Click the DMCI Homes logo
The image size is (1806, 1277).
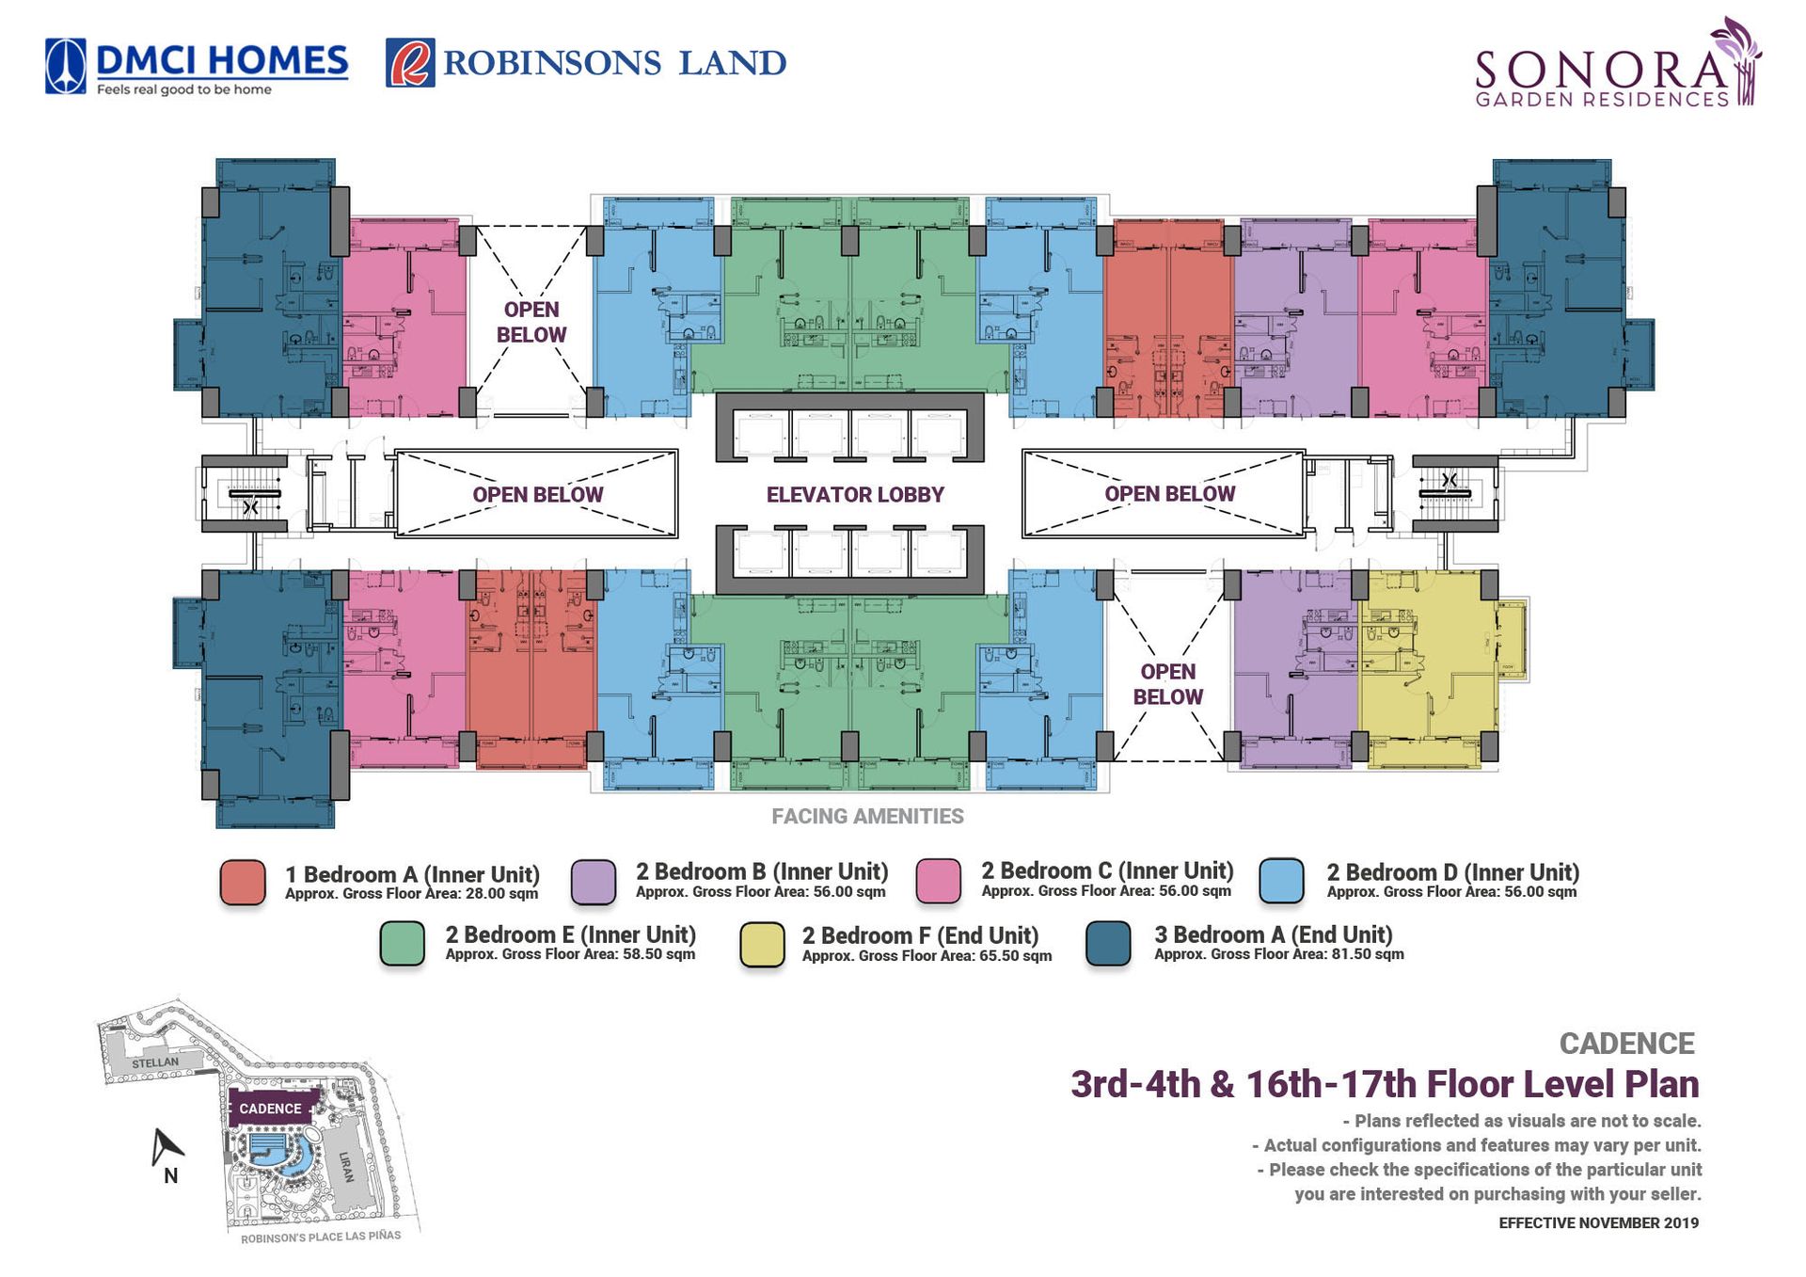(197, 66)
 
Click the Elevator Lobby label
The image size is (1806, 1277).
(854, 495)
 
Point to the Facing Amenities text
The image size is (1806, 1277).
(867, 817)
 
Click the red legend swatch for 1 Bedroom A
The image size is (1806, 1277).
(243, 882)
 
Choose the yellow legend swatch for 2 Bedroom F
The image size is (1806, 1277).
(762, 944)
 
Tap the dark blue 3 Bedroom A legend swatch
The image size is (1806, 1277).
(1108, 944)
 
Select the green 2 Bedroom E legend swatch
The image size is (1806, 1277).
(403, 944)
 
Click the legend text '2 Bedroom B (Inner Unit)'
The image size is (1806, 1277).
(762, 872)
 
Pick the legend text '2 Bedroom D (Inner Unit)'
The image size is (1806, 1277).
(1452, 872)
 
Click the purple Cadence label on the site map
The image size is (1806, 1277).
(270, 1109)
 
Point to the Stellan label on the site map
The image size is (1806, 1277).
(155, 1062)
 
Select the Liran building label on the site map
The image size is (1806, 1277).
(347, 1167)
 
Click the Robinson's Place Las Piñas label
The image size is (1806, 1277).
(321, 1237)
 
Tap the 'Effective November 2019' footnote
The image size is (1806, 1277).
(1598, 1223)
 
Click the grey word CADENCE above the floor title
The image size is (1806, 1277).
(1626, 1044)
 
